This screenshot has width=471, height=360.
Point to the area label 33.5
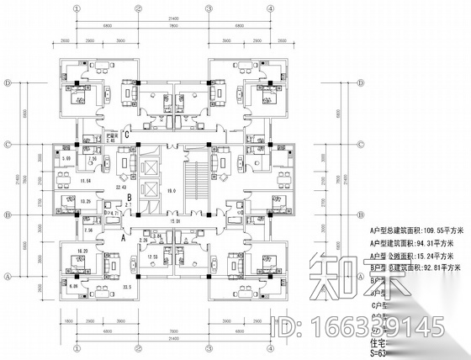[128, 287]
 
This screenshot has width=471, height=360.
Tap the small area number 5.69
[65, 158]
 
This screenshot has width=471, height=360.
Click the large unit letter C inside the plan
[127, 134]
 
